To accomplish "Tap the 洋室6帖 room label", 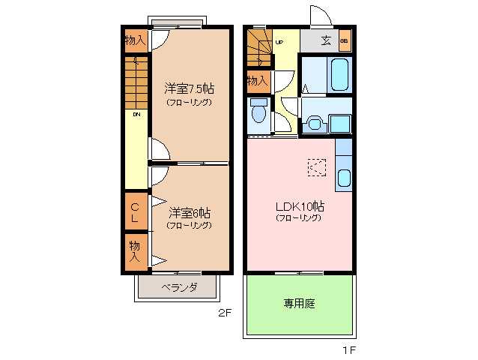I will coord(189,212).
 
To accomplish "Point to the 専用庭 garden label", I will coord(298,304).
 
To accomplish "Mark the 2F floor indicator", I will coord(224,313).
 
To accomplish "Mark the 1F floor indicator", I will coord(348,349).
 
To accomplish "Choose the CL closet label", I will coord(136,212).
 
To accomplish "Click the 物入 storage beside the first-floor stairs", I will coord(257,80).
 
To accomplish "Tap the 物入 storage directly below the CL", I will coord(136,250).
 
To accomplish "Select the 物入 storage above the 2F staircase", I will coord(136,40).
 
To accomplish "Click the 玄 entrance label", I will coord(326,40).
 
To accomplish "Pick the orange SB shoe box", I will coord(344,40).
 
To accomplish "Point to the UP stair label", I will coord(279,43).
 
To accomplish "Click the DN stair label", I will coord(137,115).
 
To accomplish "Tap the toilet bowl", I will coord(258,112).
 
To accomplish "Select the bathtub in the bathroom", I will coord(338,74).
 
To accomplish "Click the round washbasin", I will coord(312,122).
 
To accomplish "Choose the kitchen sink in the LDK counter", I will coord(344,178).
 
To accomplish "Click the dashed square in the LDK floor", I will coord(317,167).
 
